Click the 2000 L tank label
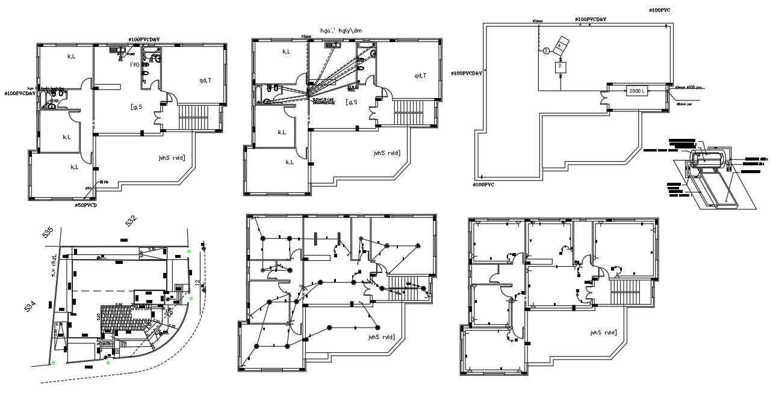637,91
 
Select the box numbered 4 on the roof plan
561,46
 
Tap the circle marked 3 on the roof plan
546,51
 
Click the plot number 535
48,232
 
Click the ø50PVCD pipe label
86,206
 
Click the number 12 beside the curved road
197,283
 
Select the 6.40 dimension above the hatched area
119,304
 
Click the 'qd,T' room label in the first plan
205,80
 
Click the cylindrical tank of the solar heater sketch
709,159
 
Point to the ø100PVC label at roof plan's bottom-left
483,185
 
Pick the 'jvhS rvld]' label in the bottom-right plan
603,332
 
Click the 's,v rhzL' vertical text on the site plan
54,265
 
